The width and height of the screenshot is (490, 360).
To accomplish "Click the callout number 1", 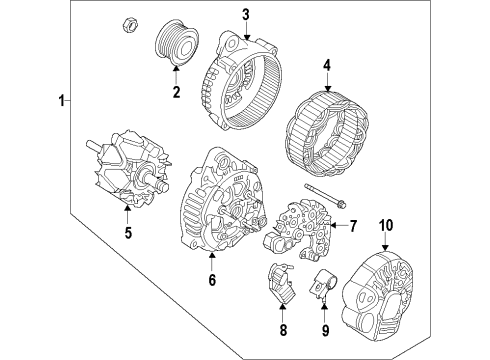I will coord(63,101).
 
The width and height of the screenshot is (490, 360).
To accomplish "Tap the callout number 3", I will coord(246,13).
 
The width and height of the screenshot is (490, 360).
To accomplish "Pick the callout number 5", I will coord(127,236).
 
